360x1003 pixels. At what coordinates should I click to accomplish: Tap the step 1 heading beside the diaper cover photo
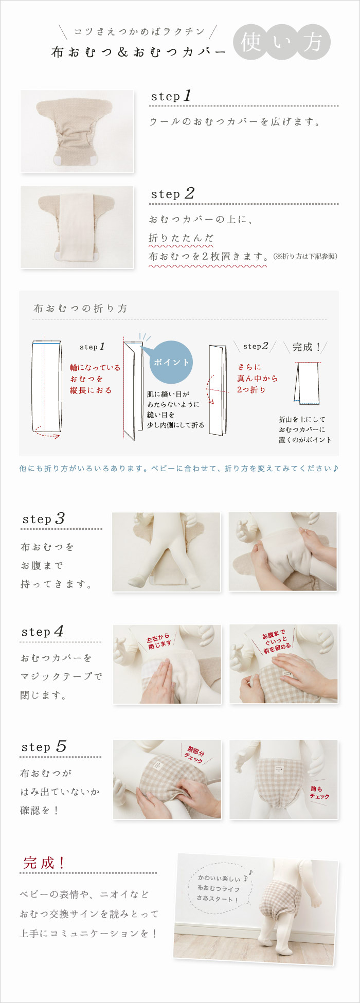coord(171,96)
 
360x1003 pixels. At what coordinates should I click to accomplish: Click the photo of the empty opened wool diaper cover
coord(77,131)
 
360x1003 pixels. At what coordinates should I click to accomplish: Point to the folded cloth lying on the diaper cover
coord(77,226)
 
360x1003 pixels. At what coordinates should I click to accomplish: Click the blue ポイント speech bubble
coord(172,362)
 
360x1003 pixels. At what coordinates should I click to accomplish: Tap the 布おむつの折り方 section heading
coord(80,309)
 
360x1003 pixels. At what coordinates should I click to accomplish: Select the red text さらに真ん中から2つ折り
coord(257,378)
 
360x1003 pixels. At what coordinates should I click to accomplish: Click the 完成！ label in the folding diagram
coord(307,347)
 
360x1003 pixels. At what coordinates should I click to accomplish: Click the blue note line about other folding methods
coord(179,469)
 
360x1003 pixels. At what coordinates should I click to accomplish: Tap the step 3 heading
coord(44,518)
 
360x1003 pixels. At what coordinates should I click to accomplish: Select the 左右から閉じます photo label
coord(159,641)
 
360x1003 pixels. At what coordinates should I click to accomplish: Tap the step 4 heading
coord(43,631)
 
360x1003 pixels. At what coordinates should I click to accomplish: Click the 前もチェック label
coord(319,792)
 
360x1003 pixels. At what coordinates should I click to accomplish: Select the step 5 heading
coord(44,746)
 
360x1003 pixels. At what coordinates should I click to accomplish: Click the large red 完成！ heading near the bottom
coord(44,863)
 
